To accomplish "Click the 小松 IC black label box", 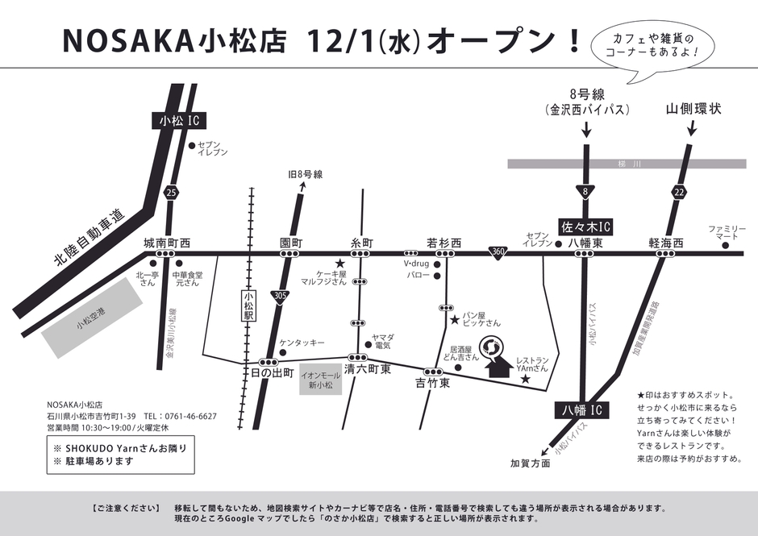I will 179,121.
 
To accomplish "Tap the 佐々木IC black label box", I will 586,226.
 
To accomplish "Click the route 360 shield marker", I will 498,253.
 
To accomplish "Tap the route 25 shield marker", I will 169,193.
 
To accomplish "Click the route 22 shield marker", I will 679,191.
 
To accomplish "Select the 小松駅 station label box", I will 248,307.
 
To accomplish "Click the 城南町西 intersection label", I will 167,243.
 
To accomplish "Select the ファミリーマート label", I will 723,234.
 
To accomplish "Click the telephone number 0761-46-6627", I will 191,416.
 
